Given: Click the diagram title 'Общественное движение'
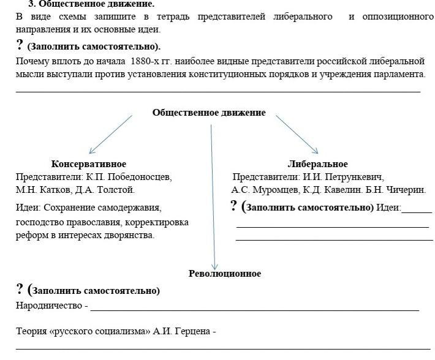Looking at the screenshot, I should click(209, 113).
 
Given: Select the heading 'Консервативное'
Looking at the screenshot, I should click(89, 164).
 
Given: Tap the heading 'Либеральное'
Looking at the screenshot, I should click(317, 164).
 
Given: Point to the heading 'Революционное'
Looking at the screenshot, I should click(225, 274).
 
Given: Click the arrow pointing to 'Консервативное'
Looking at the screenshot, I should click(110, 134).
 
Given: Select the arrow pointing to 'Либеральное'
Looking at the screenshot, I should click(297, 134).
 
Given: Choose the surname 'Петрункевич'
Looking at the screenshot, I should click(354, 177).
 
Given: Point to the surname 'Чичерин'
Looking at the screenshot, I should click(406, 190).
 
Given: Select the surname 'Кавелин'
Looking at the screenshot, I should click(350, 190).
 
